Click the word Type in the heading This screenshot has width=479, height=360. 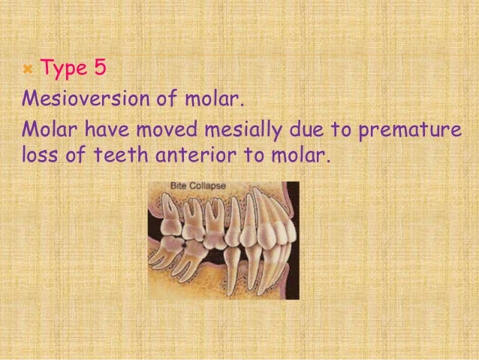(62, 70)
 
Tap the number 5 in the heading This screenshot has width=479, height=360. (100, 69)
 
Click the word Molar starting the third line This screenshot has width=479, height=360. (47, 129)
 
